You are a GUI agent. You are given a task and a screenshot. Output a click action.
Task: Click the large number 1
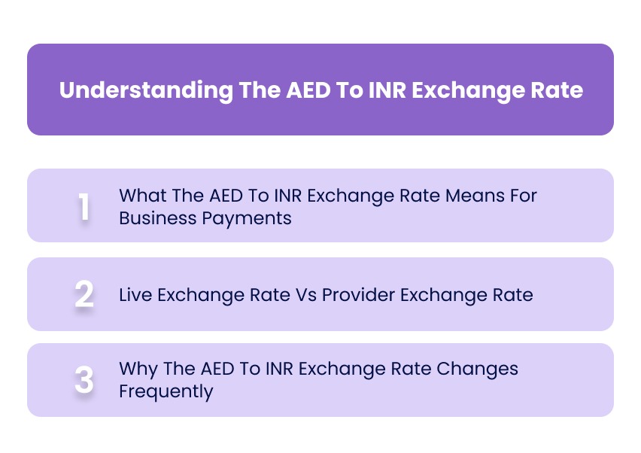84,206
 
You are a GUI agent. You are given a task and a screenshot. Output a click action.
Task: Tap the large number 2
84,294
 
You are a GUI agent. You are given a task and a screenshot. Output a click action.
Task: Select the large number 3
84,381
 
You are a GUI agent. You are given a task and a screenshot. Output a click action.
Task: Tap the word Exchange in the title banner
467,90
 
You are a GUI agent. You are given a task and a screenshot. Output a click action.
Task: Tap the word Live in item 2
135,294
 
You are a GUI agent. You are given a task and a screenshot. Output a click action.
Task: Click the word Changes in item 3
482,369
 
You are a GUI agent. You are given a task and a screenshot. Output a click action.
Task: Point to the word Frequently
166,391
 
